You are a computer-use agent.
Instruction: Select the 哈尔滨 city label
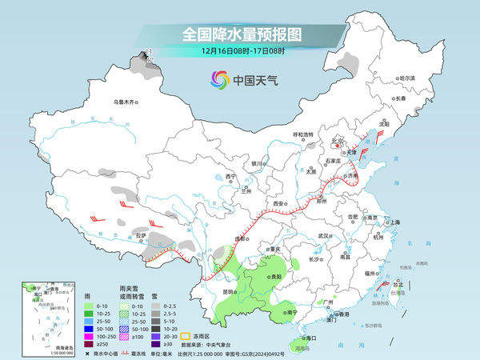pos(407,78)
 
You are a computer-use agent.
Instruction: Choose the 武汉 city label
pos(323,236)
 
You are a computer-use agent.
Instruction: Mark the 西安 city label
pos(280,204)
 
